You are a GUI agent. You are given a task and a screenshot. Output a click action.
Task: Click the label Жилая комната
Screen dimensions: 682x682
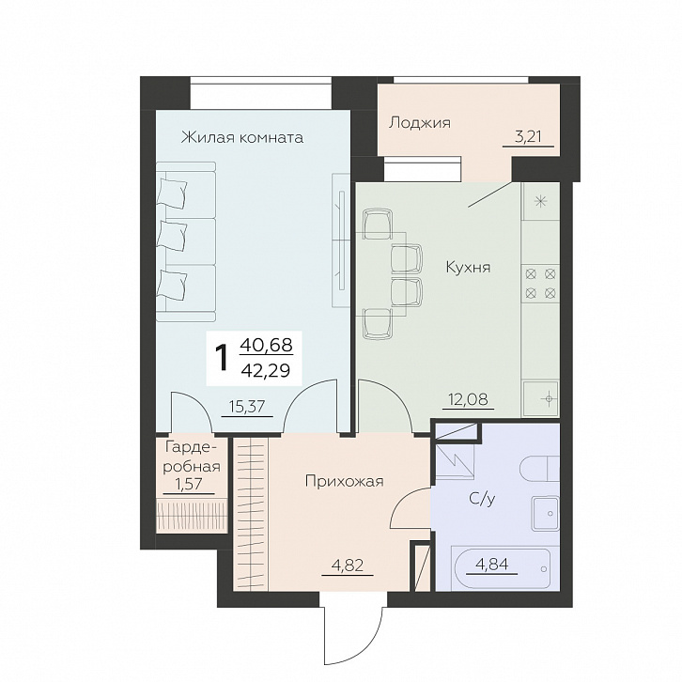[x=241, y=137]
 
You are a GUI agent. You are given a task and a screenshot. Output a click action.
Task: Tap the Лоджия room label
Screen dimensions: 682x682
[x=419, y=123]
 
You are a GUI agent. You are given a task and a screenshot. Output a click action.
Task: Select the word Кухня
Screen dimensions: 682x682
[x=468, y=267]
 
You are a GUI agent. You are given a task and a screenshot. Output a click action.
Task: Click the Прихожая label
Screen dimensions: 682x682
[x=344, y=482]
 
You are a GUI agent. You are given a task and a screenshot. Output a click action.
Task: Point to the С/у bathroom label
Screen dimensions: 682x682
[x=482, y=500]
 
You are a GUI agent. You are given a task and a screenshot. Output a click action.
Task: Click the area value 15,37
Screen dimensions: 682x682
[x=247, y=407]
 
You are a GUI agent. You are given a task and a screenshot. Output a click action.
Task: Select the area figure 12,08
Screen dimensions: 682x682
[x=469, y=399]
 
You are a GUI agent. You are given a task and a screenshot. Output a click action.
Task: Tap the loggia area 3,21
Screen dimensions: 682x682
[x=528, y=137]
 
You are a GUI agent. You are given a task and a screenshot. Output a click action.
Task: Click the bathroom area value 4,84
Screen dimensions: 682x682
[x=491, y=565]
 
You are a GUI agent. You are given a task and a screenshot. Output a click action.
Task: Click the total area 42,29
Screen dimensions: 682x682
[x=265, y=371]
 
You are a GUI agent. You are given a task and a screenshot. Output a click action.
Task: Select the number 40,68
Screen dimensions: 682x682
[x=266, y=346]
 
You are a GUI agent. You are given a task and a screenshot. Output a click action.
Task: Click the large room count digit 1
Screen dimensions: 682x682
[x=223, y=358]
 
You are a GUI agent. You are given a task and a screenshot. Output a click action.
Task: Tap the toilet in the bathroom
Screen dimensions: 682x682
[x=539, y=468]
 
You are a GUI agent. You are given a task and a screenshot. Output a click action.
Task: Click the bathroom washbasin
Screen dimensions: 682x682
[x=545, y=514]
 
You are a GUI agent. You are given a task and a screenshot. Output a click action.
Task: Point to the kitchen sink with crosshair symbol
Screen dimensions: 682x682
[x=541, y=399]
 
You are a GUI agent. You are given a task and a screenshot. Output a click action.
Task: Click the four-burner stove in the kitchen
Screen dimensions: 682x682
[x=540, y=284]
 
